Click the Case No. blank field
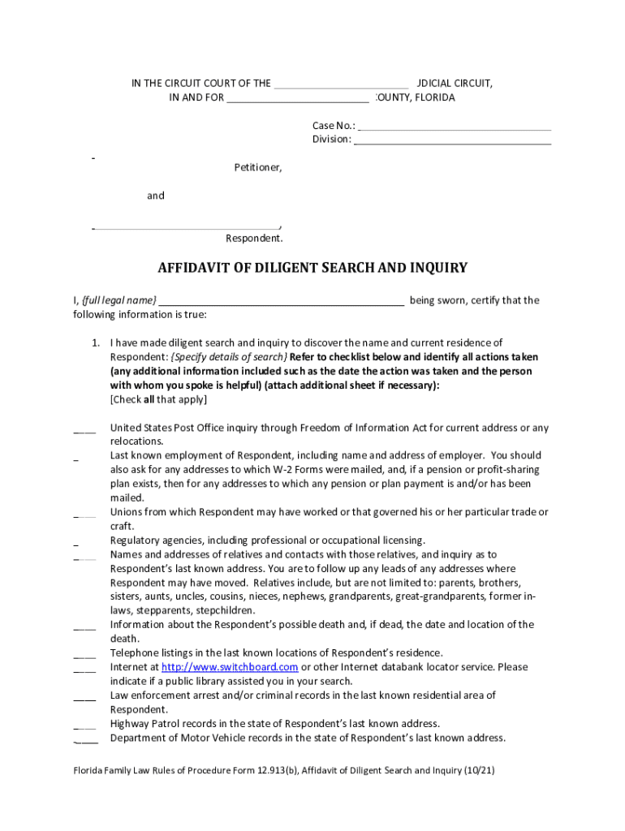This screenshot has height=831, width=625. click(455, 126)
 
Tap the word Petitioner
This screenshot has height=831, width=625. click(258, 168)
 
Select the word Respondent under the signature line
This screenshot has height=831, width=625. click(254, 239)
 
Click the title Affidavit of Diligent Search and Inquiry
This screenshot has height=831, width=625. click(312, 268)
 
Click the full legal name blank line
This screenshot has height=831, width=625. click(282, 301)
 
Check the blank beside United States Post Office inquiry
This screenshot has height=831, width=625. click(84, 428)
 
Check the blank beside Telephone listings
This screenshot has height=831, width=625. click(84, 654)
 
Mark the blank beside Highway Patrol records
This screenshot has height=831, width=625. click(84, 725)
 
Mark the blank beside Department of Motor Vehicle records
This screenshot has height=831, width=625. click(84, 739)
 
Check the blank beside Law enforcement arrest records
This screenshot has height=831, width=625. click(84, 696)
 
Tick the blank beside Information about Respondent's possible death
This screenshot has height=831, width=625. click(84, 626)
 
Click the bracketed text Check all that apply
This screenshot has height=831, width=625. click(158, 400)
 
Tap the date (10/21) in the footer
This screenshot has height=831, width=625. click(477, 771)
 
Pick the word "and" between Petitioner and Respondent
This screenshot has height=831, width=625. click(155, 196)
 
